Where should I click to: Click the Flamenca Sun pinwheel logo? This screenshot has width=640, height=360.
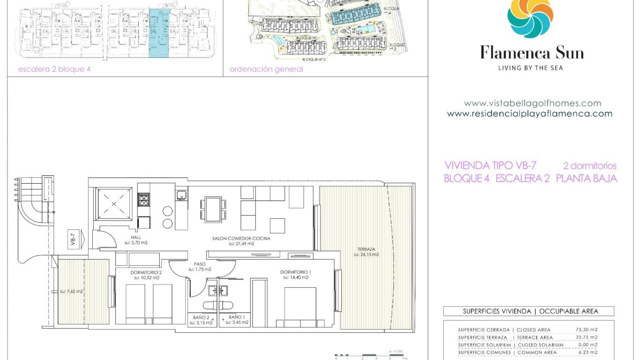pyautogui.click(x=530, y=17)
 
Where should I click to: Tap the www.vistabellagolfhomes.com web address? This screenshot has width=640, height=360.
pyautogui.click(x=532, y=103)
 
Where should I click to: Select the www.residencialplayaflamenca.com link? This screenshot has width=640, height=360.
pyautogui.click(x=529, y=113)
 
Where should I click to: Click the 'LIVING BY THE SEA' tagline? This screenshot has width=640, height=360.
pyautogui.click(x=530, y=68)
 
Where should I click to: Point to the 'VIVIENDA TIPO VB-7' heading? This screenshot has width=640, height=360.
pyautogui.click(x=490, y=165)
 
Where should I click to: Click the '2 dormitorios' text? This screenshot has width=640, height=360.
pyautogui.click(x=589, y=166)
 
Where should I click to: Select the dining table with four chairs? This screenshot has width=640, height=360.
pyautogui.click(x=213, y=209)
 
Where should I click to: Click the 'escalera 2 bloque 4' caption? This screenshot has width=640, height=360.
pyautogui.click(x=54, y=69)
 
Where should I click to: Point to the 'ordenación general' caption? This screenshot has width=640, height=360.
pyautogui.click(x=266, y=69)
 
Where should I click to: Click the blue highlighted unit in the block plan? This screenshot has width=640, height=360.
pyautogui.click(x=159, y=33)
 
